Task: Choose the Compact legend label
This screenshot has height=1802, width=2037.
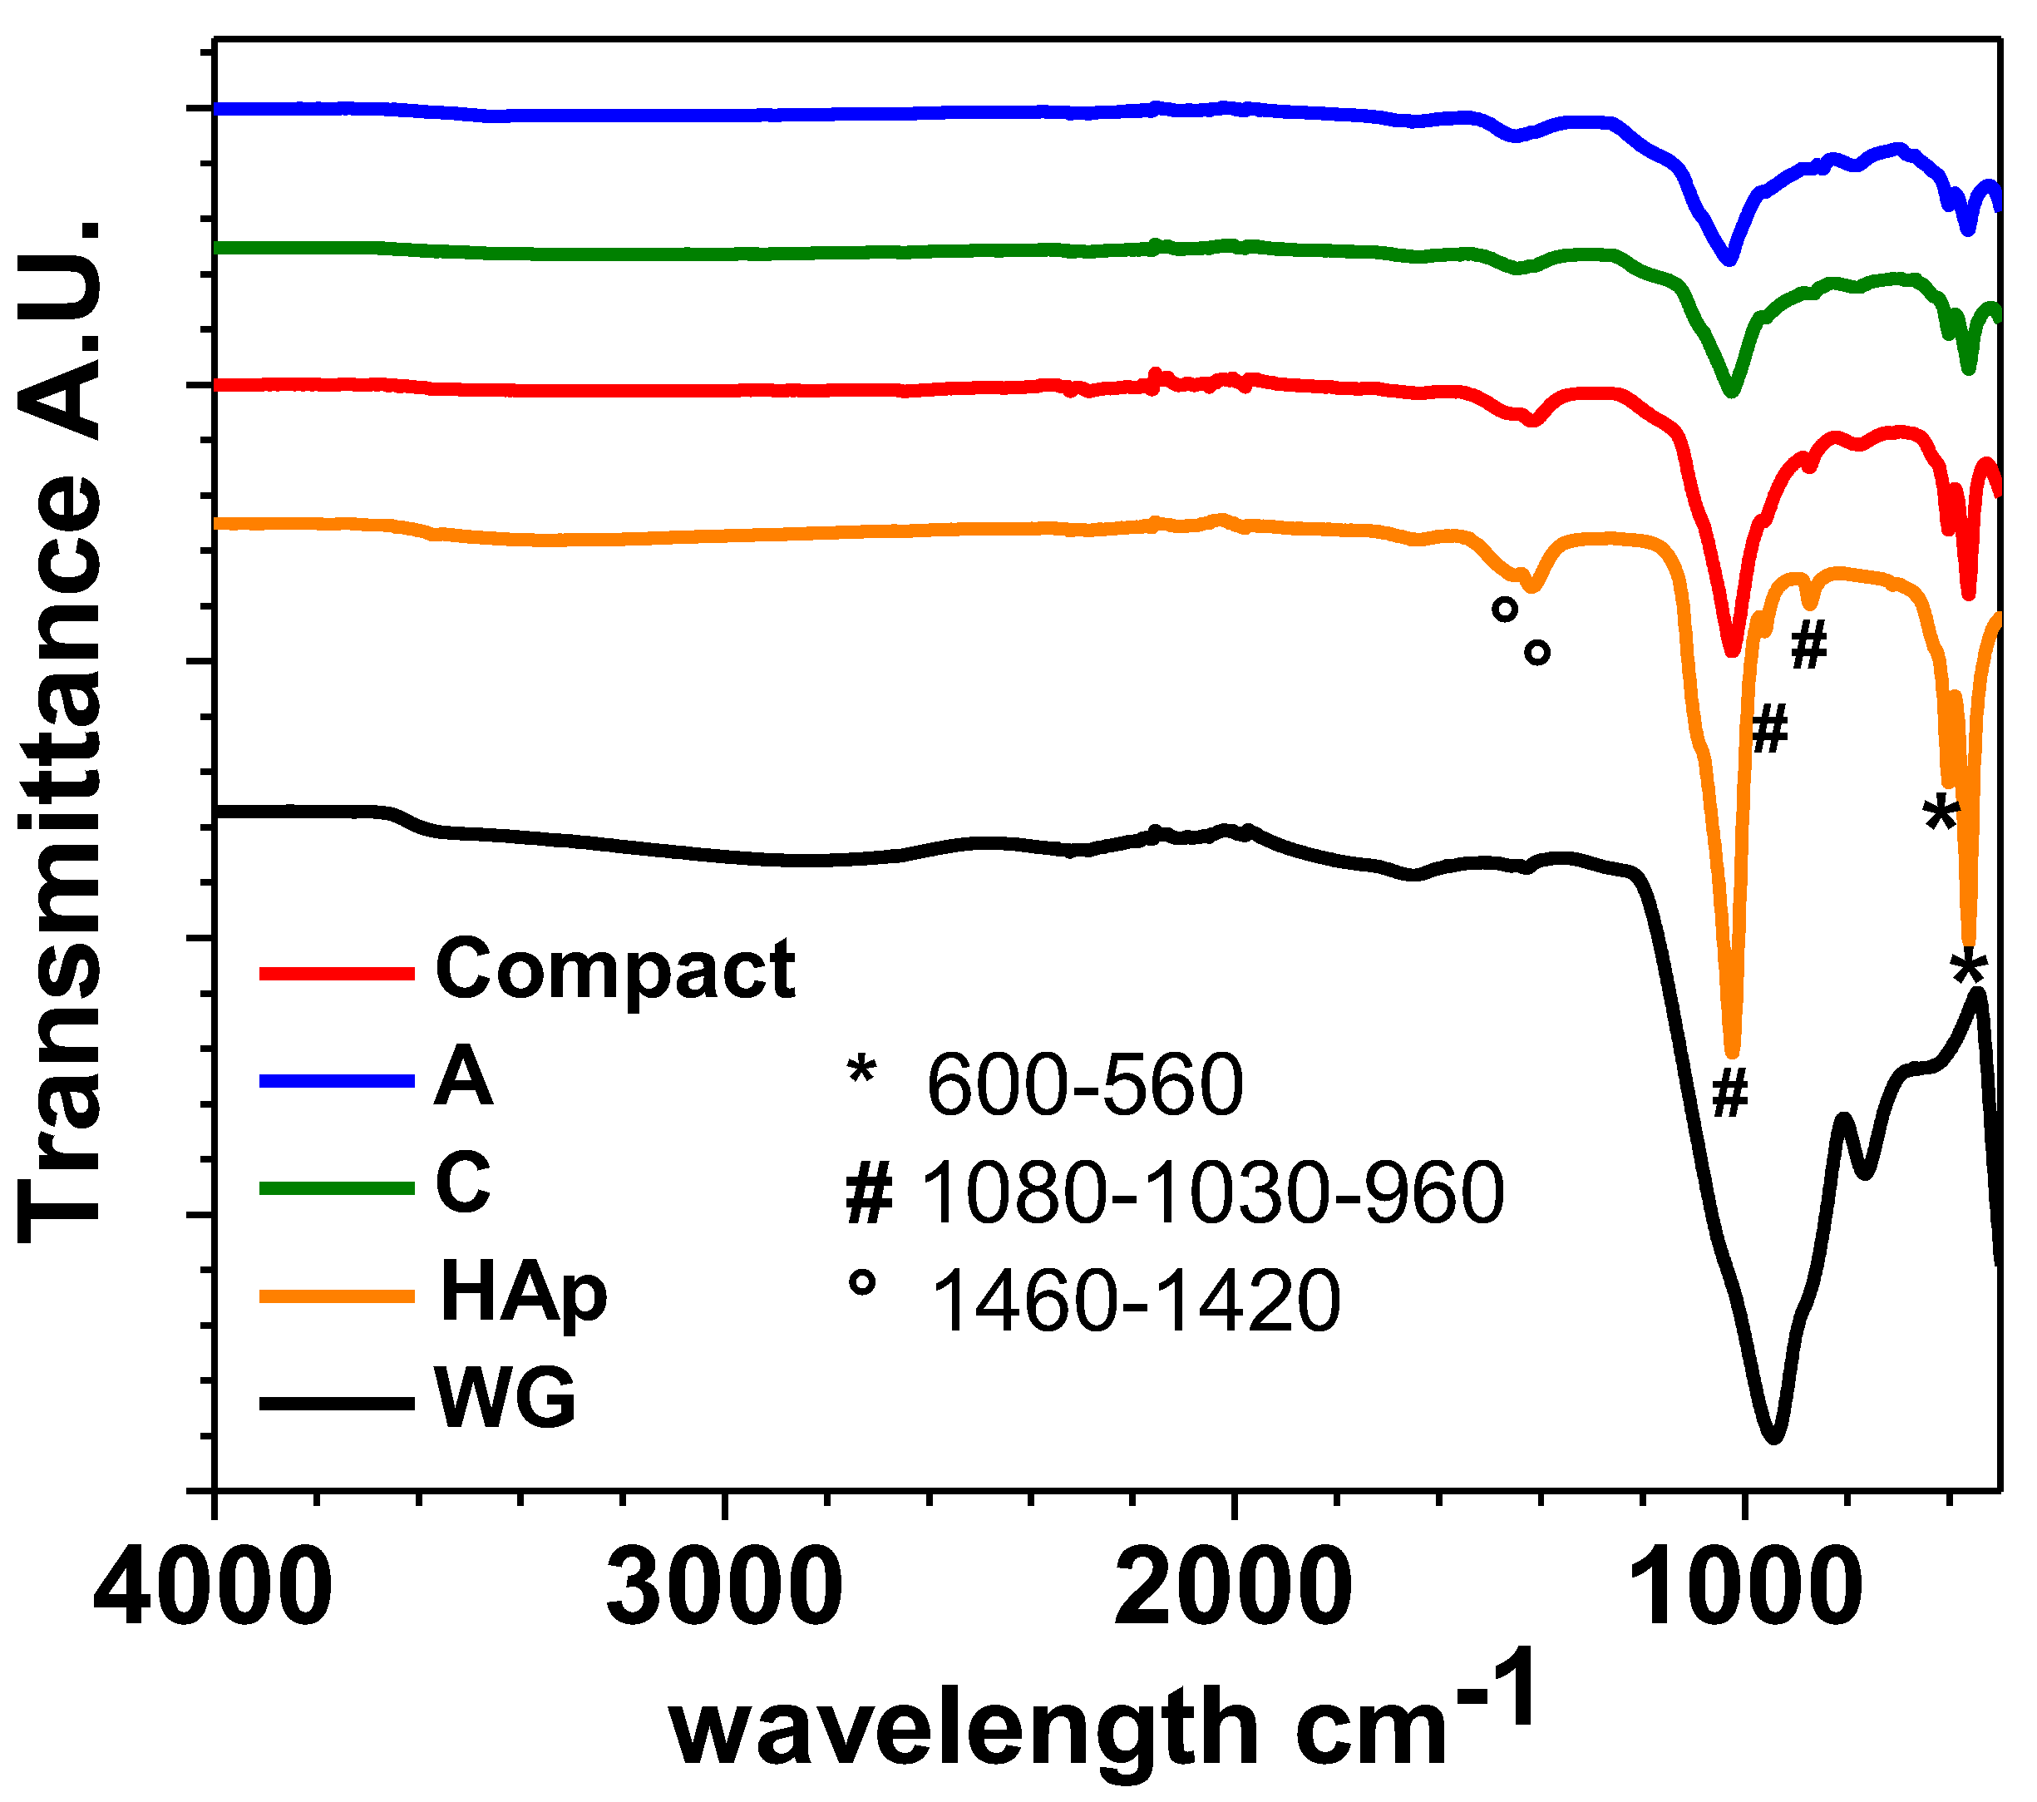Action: (615, 970)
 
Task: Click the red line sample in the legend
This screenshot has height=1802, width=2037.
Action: (337, 973)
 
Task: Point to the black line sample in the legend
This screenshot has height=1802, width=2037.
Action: (337, 1402)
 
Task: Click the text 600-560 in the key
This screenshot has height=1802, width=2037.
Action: (1084, 1084)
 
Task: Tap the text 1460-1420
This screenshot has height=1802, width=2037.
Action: (1135, 1300)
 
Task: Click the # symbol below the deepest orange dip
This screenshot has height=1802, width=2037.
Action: (1730, 1093)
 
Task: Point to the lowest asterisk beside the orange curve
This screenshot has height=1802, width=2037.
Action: (1969, 967)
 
